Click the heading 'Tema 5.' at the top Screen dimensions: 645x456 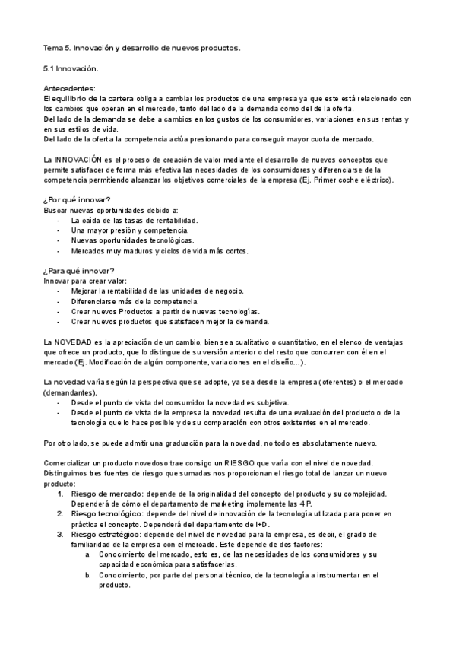(x=57, y=48)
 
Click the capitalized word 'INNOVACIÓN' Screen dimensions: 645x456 (x=82, y=160)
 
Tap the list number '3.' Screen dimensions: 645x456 (x=62, y=534)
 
